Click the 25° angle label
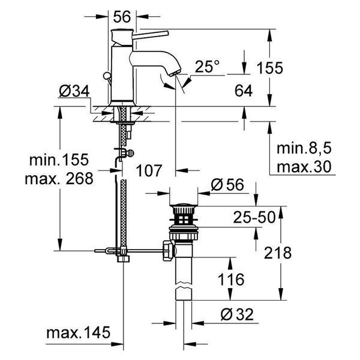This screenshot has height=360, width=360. pyautogui.click(x=207, y=67)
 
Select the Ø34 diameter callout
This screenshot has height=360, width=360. pyautogui.click(x=74, y=91)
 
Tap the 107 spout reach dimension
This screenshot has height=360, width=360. pyautogui.click(x=149, y=171)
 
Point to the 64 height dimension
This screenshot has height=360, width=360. pyautogui.click(x=244, y=91)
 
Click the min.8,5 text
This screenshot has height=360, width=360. pyautogui.click(x=304, y=148)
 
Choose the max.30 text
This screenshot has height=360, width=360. pyautogui.click(x=304, y=167)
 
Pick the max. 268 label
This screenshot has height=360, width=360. pyautogui.click(x=59, y=178)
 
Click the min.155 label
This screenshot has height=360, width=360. pyautogui.click(x=59, y=160)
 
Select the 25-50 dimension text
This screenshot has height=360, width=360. pyautogui.click(x=254, y=217)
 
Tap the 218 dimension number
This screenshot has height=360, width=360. pyautogui.click(x=278, y=253)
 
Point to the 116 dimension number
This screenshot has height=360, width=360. pyautogui.click(x=231, y=280)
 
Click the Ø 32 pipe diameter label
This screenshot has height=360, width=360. pyautogui.click(x=237, y=314)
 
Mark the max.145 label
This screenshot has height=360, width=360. pyautogui.click(x=78, y=332)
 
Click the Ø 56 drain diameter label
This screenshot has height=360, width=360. pyautogui.click(x=227, y=185)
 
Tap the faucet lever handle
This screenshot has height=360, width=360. pyautogui.click(x=151, y=34)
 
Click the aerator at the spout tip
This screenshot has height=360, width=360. pyautogui.click(x=175, y=73)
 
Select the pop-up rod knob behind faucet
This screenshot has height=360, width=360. pyautogui.click(x=107, y=76)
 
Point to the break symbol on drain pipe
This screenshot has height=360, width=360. pyautogui.click(x=184, y=285)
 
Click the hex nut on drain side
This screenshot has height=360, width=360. pyautogui.click(x=168, y=250)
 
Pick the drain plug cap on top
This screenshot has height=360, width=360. pyautogui.click(x=183, y=205)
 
